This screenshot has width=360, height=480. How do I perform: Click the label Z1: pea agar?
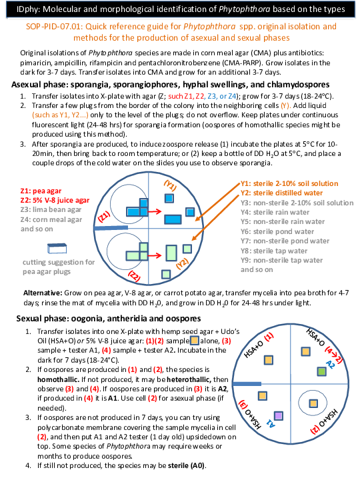point(41,191)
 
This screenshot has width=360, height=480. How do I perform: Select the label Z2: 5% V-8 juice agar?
point(55,200)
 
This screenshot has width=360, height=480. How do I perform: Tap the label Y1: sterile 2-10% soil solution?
point(289,183)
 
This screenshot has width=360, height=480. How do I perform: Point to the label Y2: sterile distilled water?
point(281,193)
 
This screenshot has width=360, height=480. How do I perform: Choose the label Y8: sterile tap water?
point(274,251)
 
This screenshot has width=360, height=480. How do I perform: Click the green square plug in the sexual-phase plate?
point(321,371)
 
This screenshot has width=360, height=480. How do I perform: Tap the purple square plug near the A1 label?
point(278,416)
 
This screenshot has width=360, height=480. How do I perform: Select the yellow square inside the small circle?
point(313,403)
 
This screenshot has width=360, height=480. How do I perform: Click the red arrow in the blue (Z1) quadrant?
point(155,211)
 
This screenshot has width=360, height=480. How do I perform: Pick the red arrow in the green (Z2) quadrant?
point(155,255)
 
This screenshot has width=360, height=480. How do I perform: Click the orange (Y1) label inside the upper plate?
point(170,185)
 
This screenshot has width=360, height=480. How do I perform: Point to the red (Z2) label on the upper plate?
point(134,276)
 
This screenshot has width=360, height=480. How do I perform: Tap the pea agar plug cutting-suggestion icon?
point(57,248)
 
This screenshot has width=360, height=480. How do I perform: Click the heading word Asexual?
point(26,85)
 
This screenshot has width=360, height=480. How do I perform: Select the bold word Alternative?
point(43,293)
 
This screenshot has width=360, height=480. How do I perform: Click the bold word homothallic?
point(59,379)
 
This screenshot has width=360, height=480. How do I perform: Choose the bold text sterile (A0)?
point(187,465)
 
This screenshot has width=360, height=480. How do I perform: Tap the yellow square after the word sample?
point(195,341)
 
